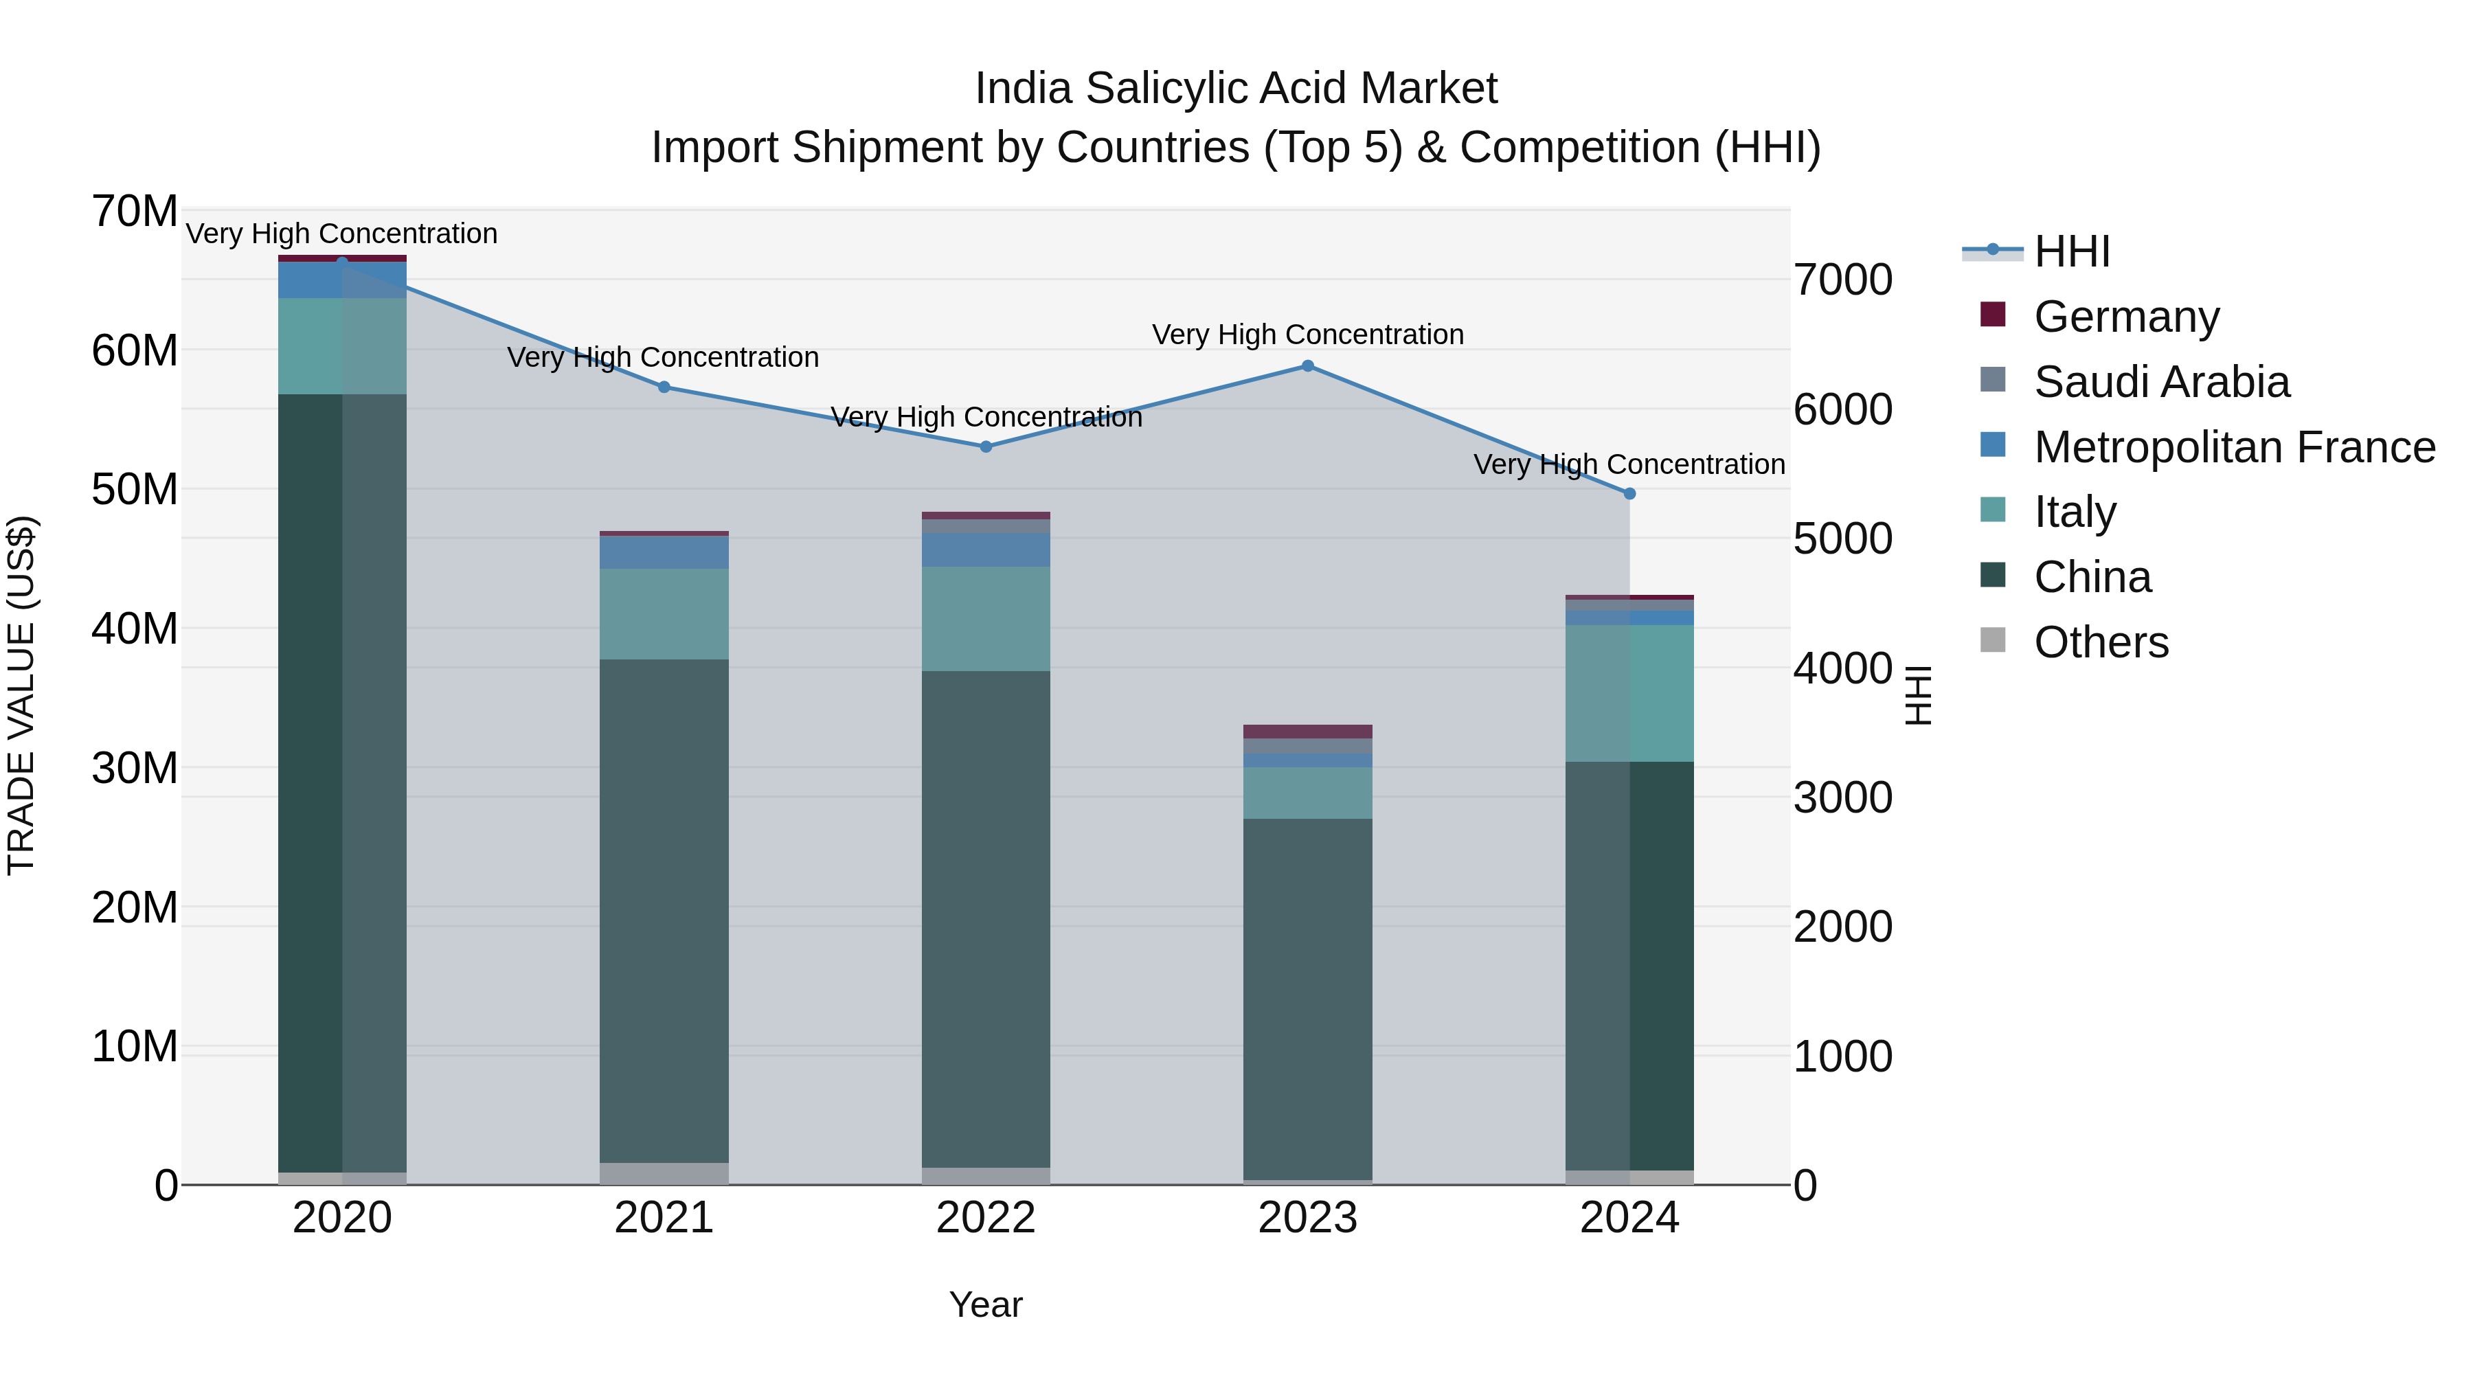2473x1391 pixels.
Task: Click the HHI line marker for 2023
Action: (x=1307, y=365)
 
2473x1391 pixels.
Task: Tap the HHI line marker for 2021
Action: (x=664, y=387)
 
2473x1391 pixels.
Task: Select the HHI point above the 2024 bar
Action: (x=1629, y=493)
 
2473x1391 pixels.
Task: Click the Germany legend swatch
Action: (x=1993, y=315)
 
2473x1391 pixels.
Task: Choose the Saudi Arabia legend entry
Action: (x=2161, y=382)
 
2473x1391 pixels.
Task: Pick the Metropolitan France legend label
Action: (x=2234, y=447)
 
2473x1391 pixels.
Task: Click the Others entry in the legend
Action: (x=2101, y=642)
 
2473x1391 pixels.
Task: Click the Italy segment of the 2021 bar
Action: (x=664, y=614)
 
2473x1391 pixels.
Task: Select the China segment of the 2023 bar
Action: (x=1307, y=998)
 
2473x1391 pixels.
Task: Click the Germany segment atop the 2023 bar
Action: (x=1307, y=732)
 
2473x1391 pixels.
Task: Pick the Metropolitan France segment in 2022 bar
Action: (x=986, y=550)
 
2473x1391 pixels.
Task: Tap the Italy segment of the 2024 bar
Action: (x=1629, y=693)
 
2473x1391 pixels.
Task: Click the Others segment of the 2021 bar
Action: (x=664, y=1173)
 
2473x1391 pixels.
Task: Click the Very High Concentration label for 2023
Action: (x=1307, y=335)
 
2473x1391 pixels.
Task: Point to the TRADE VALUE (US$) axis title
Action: (x=21, y=695)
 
